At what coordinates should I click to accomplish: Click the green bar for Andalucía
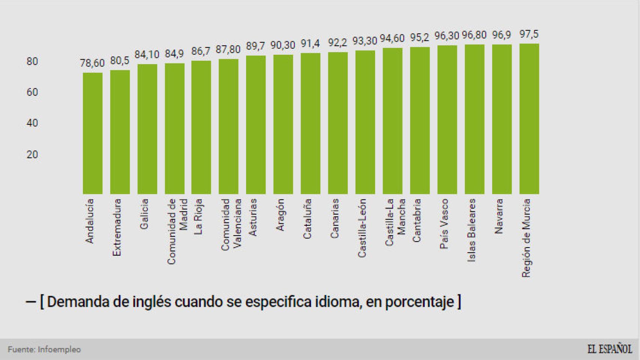click(x=92, y=133)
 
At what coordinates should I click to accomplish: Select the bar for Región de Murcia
click(x=529, y=118)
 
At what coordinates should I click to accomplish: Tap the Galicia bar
click(x=147, y=129)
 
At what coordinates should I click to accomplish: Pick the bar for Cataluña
click(x=310, y=123)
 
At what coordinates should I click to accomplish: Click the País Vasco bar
click(x=447, y=120)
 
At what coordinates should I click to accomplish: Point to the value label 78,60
click(x=92, y=63)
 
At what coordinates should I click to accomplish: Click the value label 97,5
click(x=529, y=34)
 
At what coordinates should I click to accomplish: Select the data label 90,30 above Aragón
click(x=283, y=45)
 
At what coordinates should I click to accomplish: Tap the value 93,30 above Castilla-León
click(x=365, y=41)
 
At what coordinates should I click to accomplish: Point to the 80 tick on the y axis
click(x=32, y=61)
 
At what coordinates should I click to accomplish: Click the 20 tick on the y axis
click(x=32, y=154)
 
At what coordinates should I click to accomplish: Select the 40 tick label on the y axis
click(x=32, y=123)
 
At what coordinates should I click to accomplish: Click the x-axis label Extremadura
click(x=117, y=227)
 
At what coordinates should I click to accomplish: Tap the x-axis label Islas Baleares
click(x=472, y=230)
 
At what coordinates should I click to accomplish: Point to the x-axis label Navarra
click(x=499, y=216)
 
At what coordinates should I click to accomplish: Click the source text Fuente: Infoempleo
click(x=44, y=349)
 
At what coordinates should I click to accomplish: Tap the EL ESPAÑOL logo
click(x=610, y=349)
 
